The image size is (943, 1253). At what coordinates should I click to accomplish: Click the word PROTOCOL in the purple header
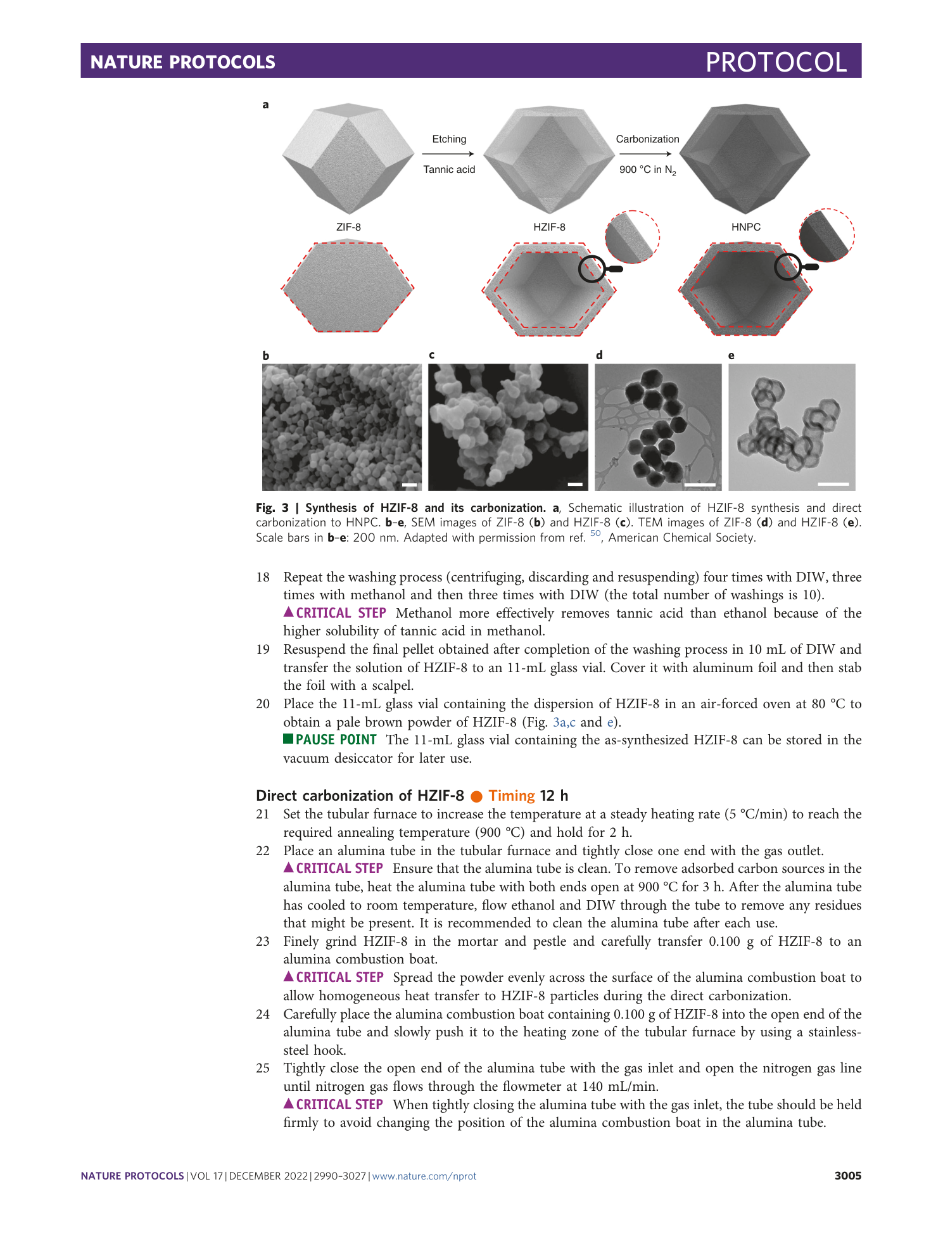776,62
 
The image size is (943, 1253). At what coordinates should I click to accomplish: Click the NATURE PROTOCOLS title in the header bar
183,62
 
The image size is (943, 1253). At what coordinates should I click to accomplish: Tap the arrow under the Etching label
448,154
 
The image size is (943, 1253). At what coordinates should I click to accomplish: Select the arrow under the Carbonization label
645,154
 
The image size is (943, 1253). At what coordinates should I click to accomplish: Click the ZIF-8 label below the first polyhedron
348,227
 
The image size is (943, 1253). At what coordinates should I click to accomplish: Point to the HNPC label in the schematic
745,227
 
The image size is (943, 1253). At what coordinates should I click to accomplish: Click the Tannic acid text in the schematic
449,169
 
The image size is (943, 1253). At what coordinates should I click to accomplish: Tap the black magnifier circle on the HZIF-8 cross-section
592,269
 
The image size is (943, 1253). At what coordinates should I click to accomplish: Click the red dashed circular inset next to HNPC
826,236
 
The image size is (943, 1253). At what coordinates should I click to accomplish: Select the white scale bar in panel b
410,485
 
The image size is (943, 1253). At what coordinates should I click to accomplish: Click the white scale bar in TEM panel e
833,484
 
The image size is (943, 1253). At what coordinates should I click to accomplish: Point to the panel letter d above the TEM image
599,355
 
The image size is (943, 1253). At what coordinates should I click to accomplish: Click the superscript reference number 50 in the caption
595,533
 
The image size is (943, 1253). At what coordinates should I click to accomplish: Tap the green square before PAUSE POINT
288,739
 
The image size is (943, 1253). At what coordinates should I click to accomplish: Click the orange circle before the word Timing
476,796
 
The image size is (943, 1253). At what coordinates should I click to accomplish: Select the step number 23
263,941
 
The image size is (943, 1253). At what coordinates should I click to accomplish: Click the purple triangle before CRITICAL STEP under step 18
288,612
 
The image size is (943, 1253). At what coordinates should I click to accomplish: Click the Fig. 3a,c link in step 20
564,722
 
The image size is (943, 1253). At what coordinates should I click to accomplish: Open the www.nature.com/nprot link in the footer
424,1176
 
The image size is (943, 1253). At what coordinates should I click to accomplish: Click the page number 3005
847,1176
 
